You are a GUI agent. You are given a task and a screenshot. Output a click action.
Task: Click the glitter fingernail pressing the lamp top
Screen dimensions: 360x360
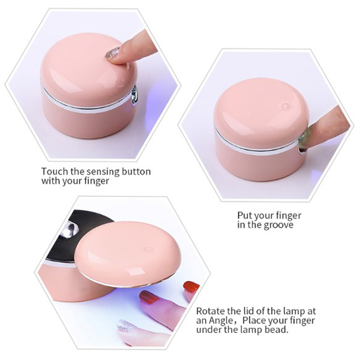[112, 53]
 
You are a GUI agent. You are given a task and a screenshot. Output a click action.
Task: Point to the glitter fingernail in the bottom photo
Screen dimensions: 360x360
[126, 325]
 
